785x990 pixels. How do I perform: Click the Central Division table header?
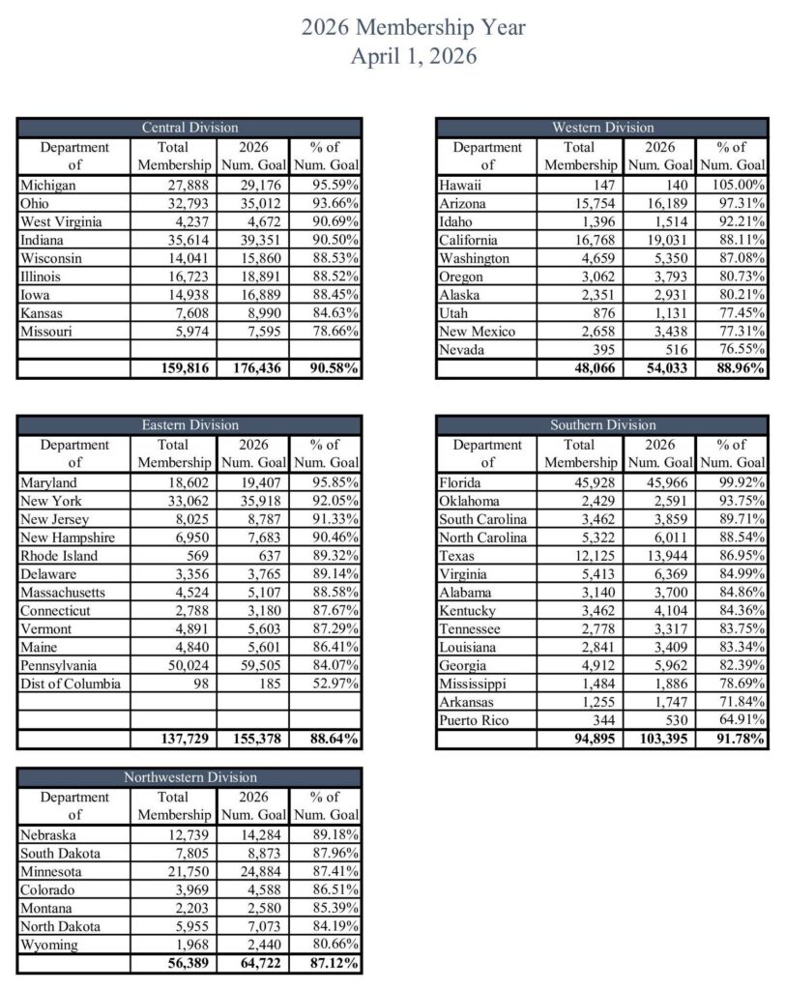click(x=189, y=128)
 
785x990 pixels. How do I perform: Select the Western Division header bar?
click(x=602, y=128)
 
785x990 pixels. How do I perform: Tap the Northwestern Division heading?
click(x=189, y=777)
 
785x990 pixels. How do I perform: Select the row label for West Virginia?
click(x=57, y=221)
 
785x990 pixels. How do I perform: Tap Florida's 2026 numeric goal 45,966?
click(x=668, y=482)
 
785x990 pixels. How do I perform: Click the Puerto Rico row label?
click(x=474, y=720)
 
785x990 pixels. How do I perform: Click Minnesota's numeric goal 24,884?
click(x=252, y=871)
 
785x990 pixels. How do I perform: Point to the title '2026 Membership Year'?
click(x=414, y=27)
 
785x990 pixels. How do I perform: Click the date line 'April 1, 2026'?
click(x=414, y=56)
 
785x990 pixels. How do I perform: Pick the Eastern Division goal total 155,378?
click(x=250, y=740)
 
